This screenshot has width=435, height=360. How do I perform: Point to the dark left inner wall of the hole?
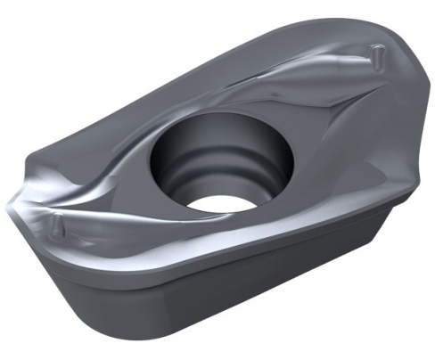tap(165, 165)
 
